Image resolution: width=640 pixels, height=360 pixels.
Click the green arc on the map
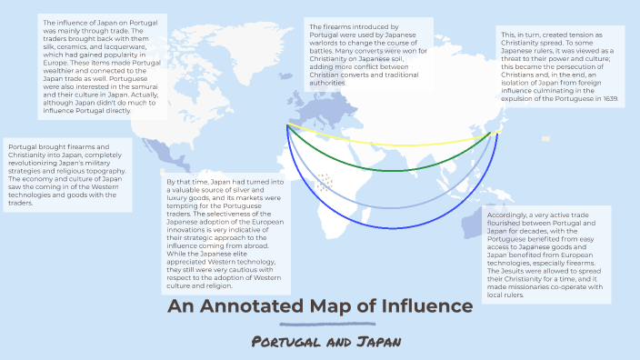point(391,170)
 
